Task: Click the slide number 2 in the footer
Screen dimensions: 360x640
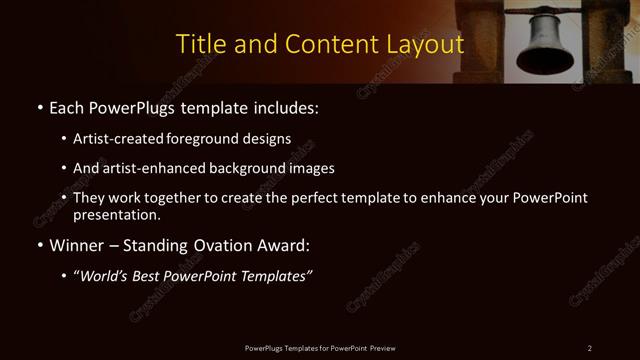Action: click(590, 348)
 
